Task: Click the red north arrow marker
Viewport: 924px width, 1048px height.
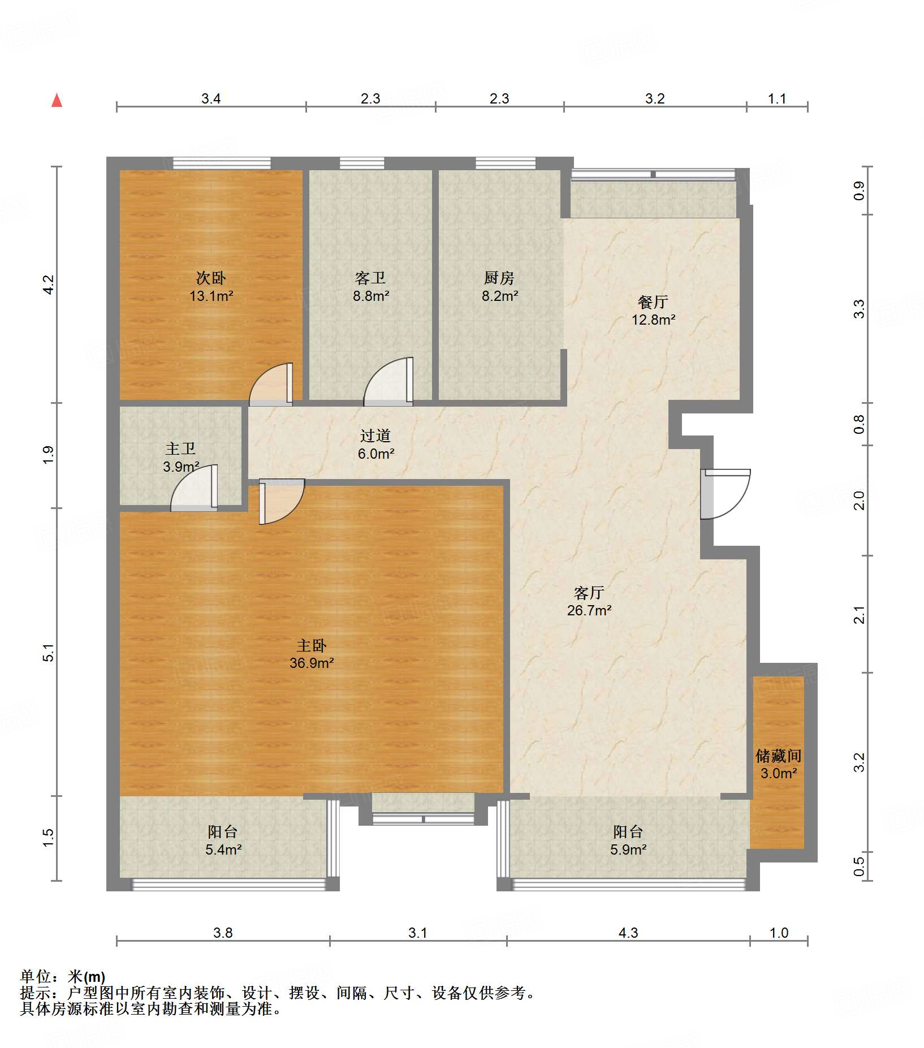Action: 57,100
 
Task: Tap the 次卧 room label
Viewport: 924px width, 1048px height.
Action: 211,278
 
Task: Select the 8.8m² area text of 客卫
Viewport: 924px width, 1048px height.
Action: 371,296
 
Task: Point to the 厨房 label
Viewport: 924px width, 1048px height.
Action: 499,278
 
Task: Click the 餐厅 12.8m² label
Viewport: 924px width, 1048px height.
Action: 653,310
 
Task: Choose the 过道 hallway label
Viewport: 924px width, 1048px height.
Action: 375,435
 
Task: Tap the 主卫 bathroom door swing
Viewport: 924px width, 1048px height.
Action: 195,488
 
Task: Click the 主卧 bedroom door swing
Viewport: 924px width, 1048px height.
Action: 282,502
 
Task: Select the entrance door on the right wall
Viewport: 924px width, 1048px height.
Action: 726,494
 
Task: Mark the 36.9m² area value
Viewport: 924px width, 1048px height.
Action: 312,663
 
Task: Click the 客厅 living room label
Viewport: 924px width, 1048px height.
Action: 589,593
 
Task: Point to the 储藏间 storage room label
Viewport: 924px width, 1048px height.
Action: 779,756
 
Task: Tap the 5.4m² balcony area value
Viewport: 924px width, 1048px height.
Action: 224,849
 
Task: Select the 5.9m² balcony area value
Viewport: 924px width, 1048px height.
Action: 628,849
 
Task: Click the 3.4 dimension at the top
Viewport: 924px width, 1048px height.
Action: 211,99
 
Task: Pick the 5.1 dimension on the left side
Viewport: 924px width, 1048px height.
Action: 49,653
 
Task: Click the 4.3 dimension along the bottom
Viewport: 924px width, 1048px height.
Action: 628,933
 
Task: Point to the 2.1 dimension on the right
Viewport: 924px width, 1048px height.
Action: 859,615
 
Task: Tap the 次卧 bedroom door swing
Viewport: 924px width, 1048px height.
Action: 271,385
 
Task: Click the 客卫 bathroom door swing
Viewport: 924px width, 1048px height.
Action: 388,382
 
